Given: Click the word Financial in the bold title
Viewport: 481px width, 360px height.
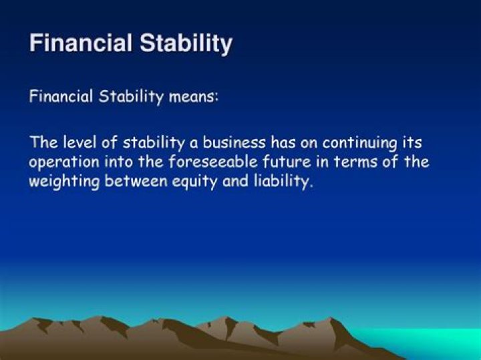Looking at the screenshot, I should click(x=81, y=43).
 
